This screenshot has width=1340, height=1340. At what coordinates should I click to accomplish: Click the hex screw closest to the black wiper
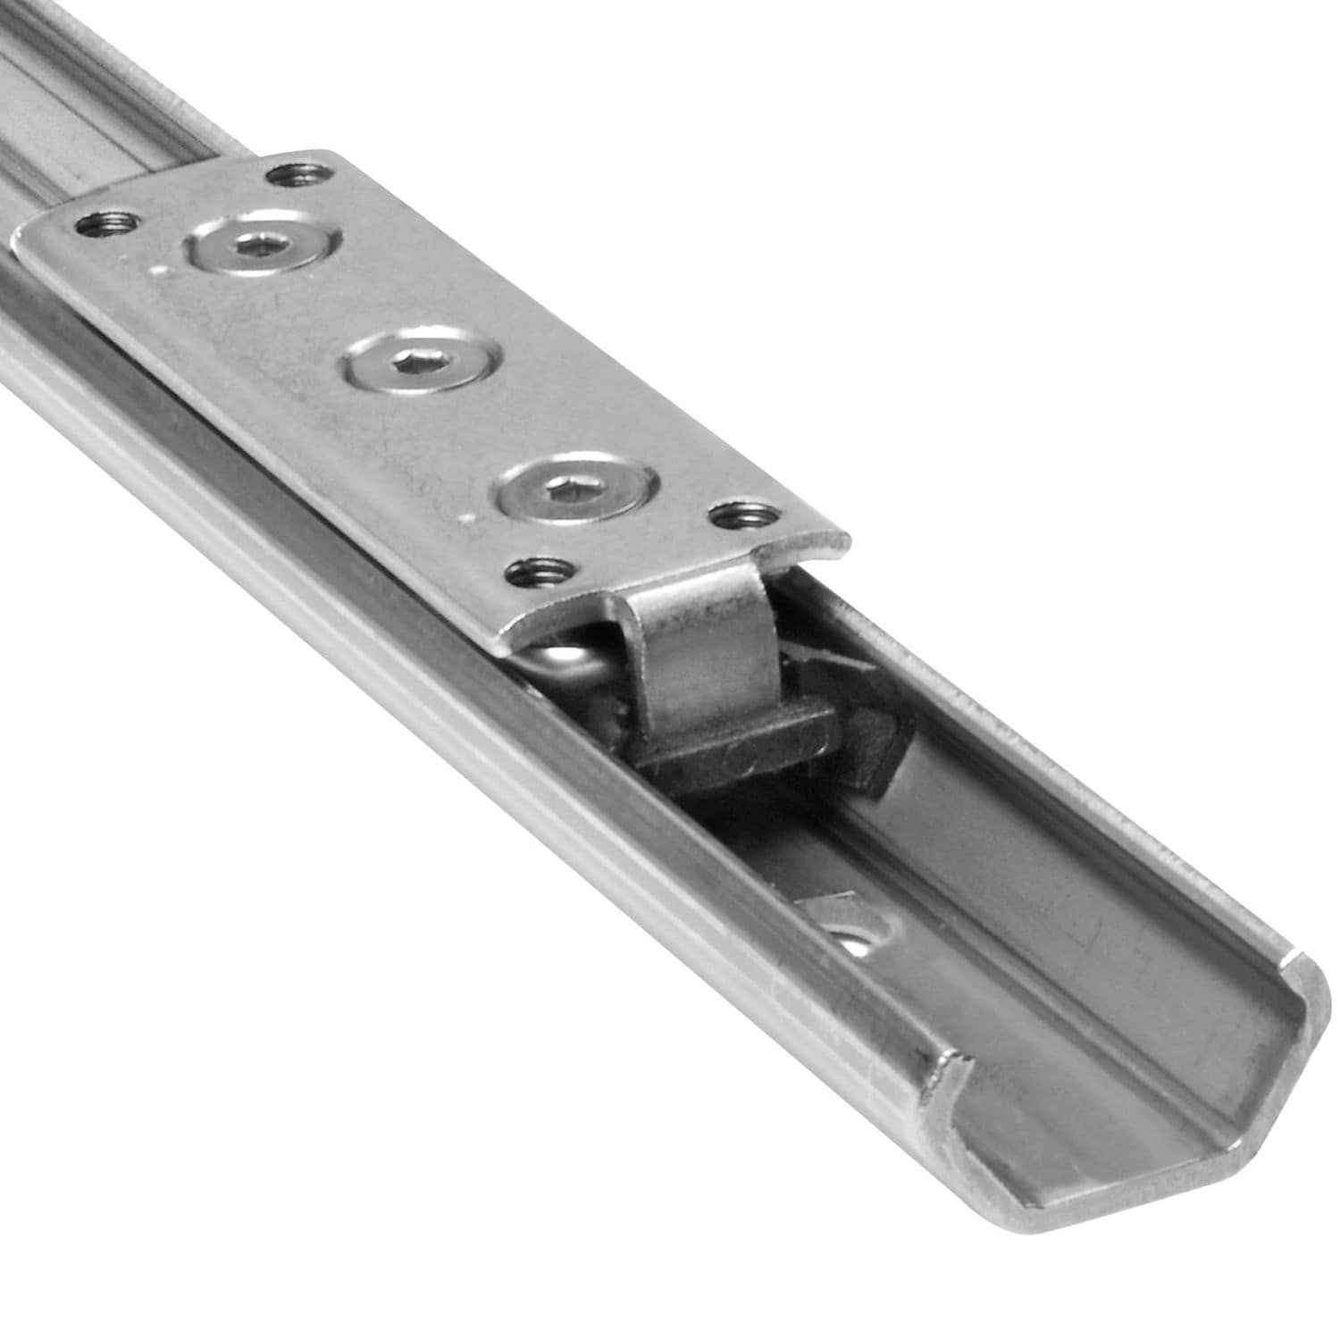[x=576, y=490]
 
